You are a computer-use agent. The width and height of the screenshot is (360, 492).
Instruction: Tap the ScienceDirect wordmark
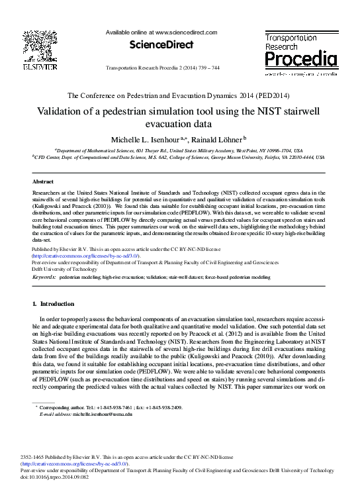point(161,44)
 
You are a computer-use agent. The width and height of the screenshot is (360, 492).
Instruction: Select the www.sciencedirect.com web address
point(186,32)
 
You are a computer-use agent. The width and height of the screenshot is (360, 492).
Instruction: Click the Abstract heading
point(43,181)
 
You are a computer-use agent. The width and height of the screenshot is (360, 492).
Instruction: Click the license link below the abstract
point(85,256)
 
